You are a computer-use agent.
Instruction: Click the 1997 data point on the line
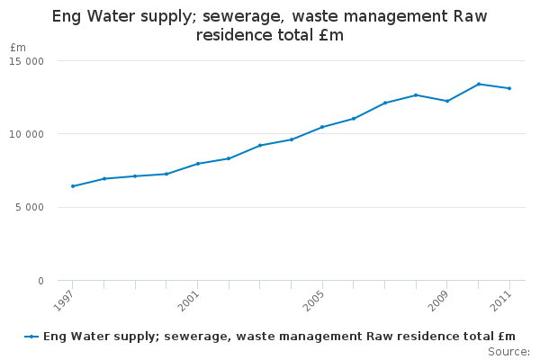(x=73, y=186)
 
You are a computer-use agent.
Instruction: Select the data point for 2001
(x=197, y=164)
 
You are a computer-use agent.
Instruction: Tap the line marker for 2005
(x=322, y=127)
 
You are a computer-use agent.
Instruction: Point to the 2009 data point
(x=447, y=101)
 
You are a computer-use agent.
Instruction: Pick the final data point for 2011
(x=509, y=88)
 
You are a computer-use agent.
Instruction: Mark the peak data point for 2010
(x=479, y=84)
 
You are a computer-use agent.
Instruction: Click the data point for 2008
(x=416, y=94)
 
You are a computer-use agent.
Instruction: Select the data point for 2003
(x=260, y=145)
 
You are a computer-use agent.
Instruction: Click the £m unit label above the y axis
(x=18, y=48)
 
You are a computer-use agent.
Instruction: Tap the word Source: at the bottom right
(x=508, y=351)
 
